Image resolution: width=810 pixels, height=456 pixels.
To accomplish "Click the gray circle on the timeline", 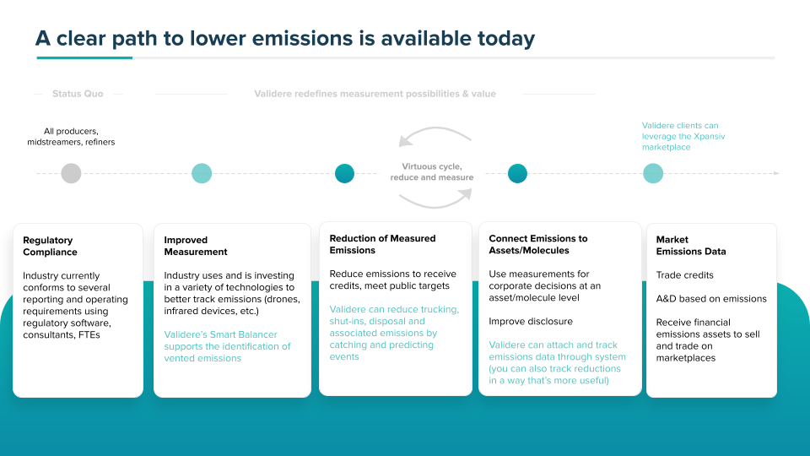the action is pos(71,173).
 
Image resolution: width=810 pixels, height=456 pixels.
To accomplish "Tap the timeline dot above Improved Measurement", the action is pos(202,173).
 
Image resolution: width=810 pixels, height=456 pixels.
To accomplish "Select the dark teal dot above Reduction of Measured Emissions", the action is pos(344,173).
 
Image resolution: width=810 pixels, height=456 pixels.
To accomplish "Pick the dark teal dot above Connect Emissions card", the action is pos(517,173).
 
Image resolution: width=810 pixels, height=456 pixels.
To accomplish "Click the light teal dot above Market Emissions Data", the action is pos(653,173).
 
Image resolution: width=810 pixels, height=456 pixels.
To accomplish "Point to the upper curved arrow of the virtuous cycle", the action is pos(435,128).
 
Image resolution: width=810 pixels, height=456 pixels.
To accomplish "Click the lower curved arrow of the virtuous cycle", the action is pos(435,206).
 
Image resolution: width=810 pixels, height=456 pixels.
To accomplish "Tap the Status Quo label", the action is pos(78,94).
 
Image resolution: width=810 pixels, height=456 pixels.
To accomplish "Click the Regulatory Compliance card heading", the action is pos(50,246).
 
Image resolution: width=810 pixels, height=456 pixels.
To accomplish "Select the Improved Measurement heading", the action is pos(196,246).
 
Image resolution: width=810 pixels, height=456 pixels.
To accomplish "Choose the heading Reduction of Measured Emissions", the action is pos(383,244).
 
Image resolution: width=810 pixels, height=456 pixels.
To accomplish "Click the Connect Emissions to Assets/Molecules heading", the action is pos(538,244).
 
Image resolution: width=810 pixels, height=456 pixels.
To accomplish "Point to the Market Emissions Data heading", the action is pos(691,246).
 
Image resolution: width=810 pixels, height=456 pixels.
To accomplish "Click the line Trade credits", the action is pos(684,275).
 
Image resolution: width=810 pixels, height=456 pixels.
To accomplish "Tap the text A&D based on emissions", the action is pos(711,299).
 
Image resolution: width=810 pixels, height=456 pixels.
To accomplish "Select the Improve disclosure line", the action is pos(531,321).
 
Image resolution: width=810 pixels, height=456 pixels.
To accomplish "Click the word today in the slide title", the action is pos(506,39).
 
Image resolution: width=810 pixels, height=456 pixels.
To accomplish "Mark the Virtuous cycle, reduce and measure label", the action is pos(432,171).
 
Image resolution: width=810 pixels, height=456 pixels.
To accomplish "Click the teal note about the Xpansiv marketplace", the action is pos(683,136).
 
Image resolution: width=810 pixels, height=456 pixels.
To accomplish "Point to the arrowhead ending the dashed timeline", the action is pos(776,173).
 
